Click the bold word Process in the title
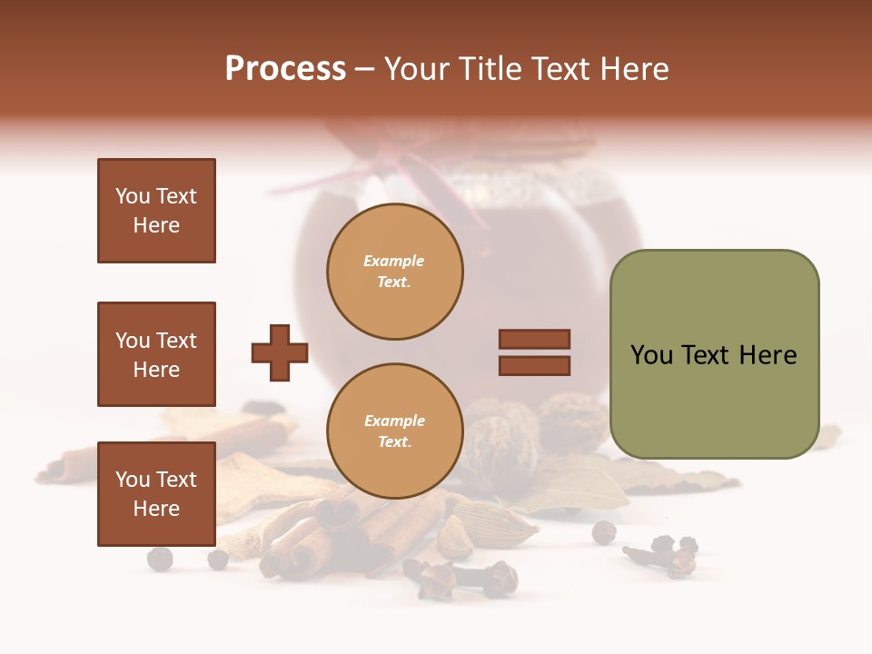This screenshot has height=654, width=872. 285,69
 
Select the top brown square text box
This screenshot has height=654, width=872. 156,211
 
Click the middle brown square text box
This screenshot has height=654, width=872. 156,354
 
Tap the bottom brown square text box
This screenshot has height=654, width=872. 156,494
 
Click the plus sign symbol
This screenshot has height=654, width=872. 280,352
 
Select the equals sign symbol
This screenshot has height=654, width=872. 534,352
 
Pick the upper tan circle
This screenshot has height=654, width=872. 395,272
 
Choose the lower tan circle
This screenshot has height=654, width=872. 395,431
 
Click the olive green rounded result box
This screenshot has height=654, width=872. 714,354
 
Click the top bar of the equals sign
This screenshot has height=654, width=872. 534,339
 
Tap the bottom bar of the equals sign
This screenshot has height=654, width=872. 534,365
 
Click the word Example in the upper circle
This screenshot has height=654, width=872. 394,261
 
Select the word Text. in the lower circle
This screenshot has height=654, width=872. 394,442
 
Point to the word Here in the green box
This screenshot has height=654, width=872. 768,355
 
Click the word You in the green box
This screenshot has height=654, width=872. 652,355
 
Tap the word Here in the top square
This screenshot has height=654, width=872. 156,225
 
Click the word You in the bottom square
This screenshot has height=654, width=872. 133,480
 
